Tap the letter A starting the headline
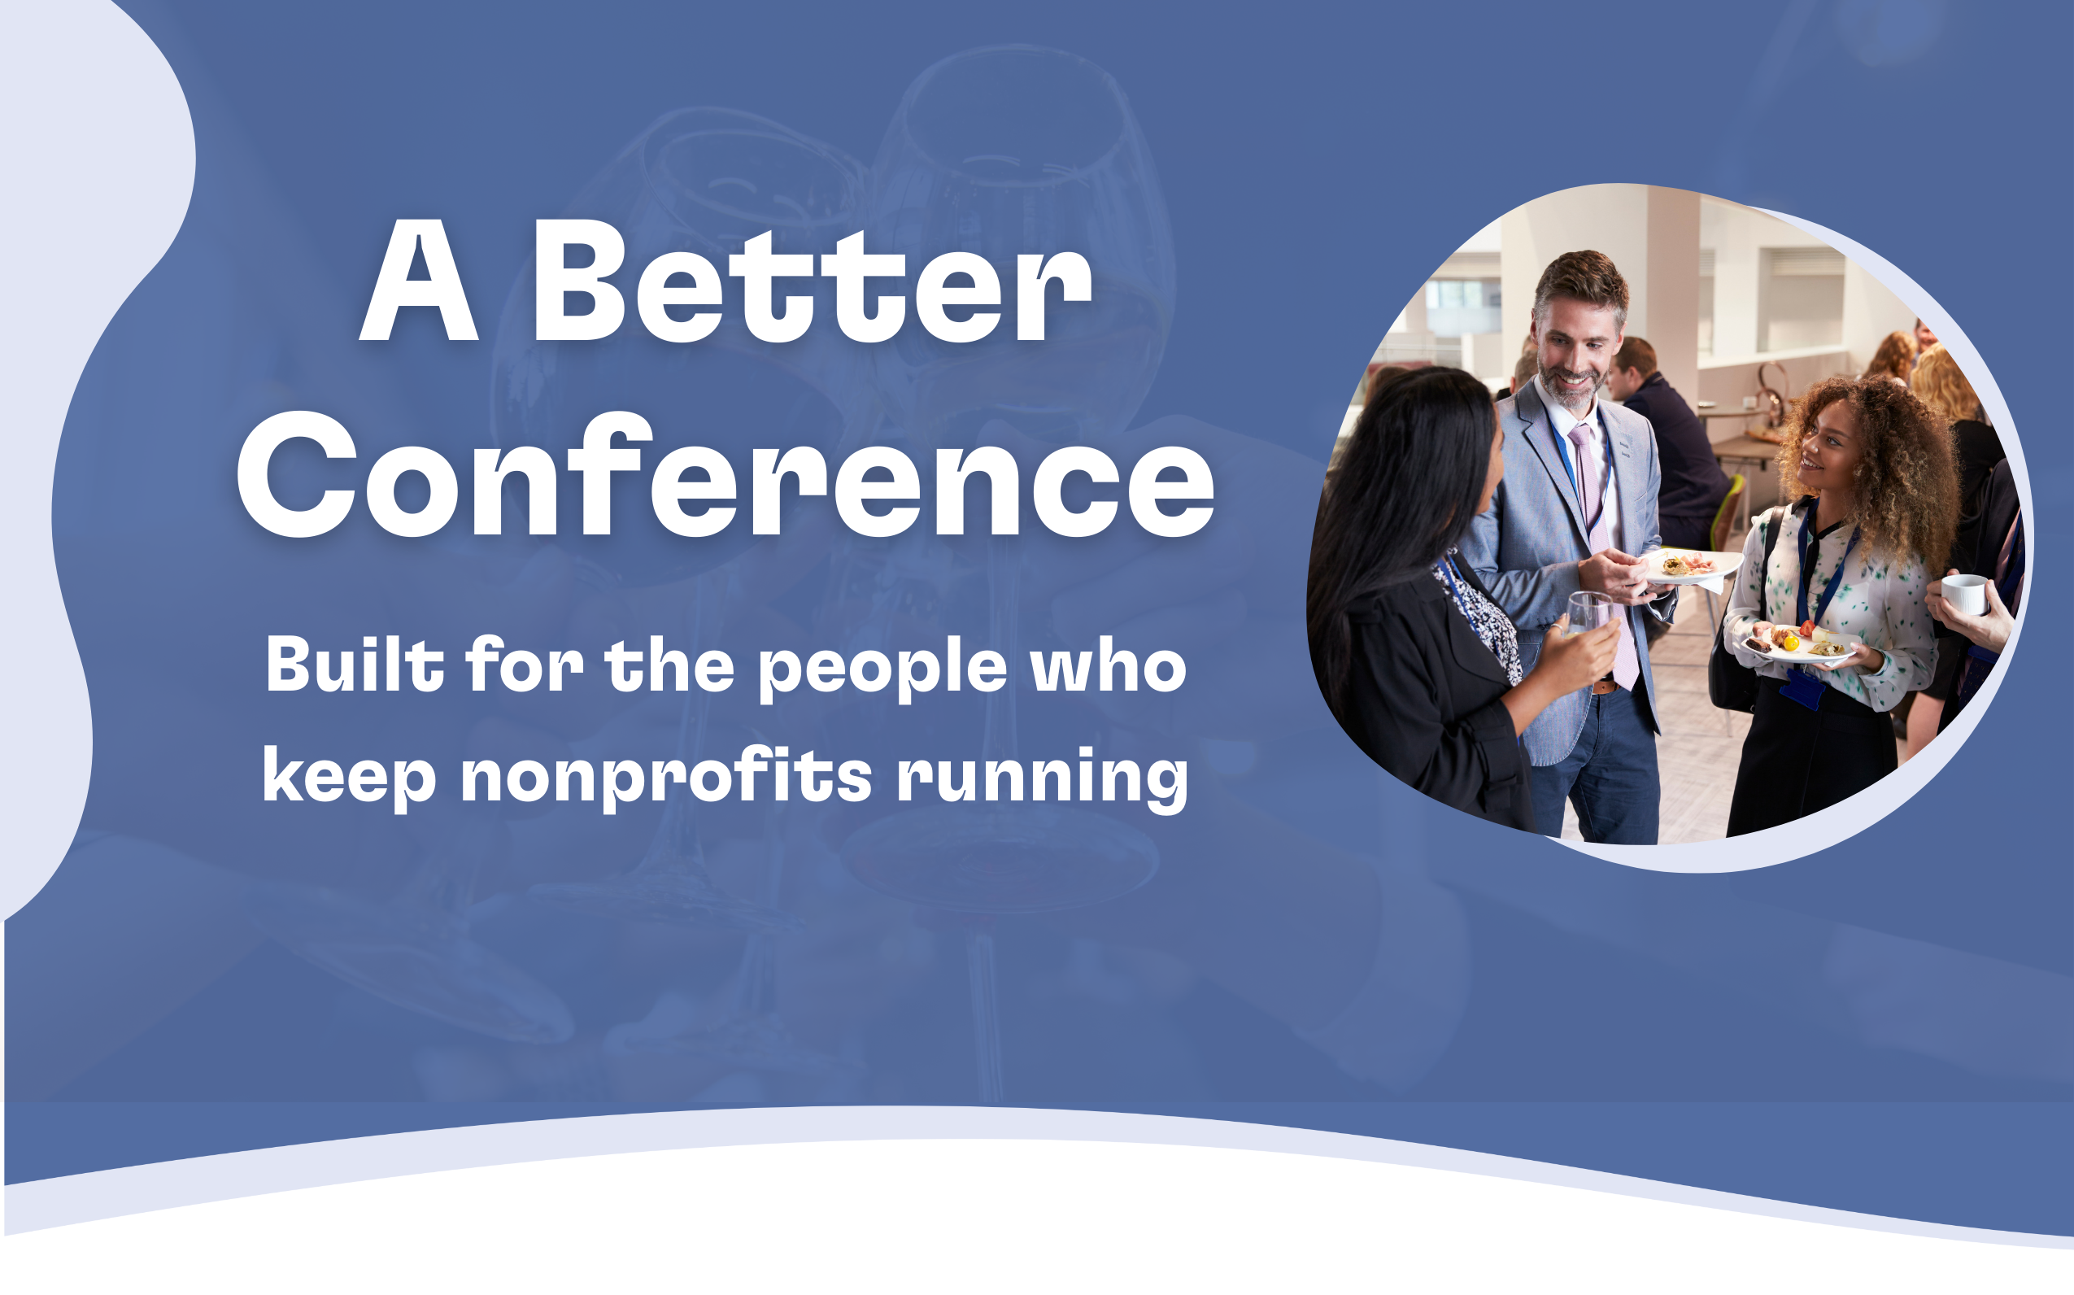click(x=418, y=279)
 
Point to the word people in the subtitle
click(x=882, y=669)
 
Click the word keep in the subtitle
click(x=350, y=778)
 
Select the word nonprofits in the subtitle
click(x=666, y=778)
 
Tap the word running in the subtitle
click(x=1042, y=778)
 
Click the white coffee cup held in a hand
click(x=1963, y=594)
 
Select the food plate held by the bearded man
click(x=1691, y=566)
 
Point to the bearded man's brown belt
click(x=1605, y=686)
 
